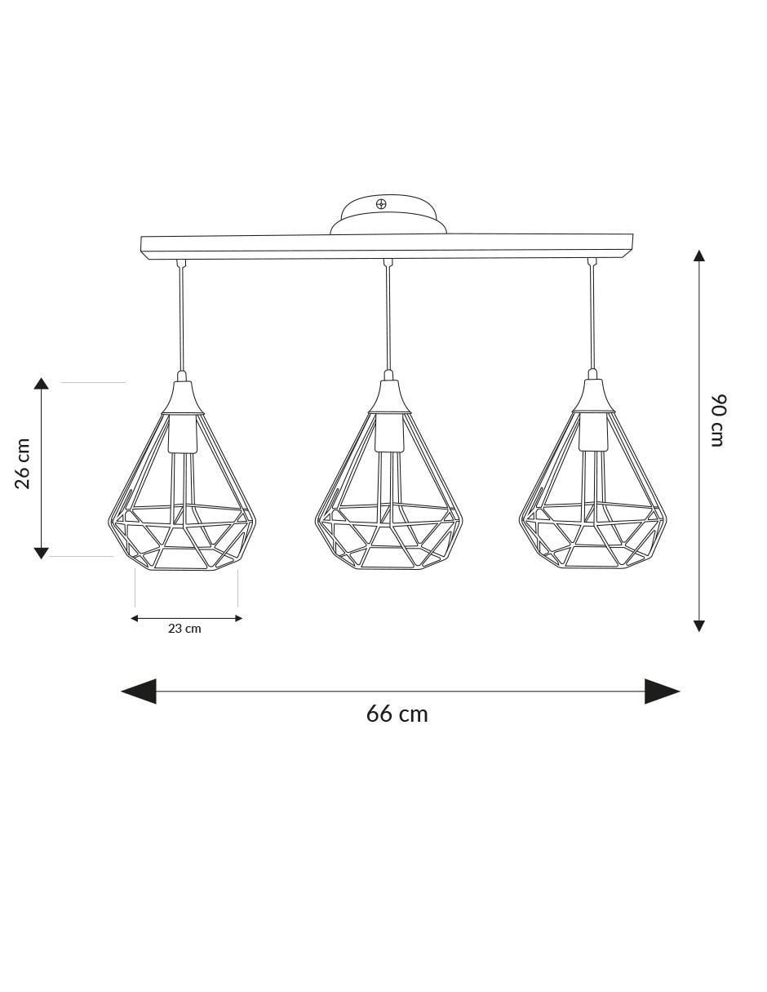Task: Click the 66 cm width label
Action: [397, 714]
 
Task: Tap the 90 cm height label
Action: [718, 420]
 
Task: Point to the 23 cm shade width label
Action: [184, 629]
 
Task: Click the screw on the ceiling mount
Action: [381, 204]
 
